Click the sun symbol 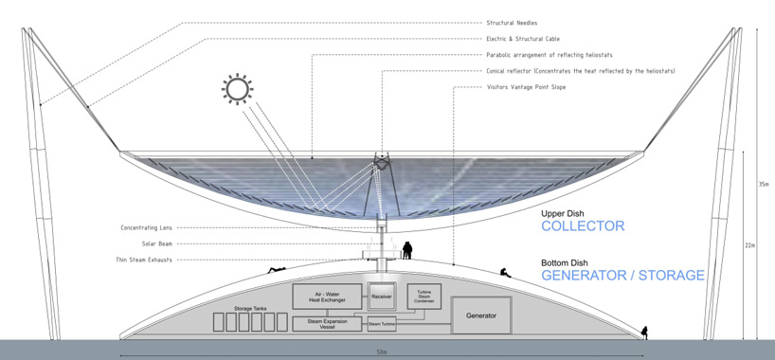238,90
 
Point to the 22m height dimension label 748,245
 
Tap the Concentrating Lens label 146,227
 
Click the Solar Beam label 157,243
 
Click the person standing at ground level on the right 644,332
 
